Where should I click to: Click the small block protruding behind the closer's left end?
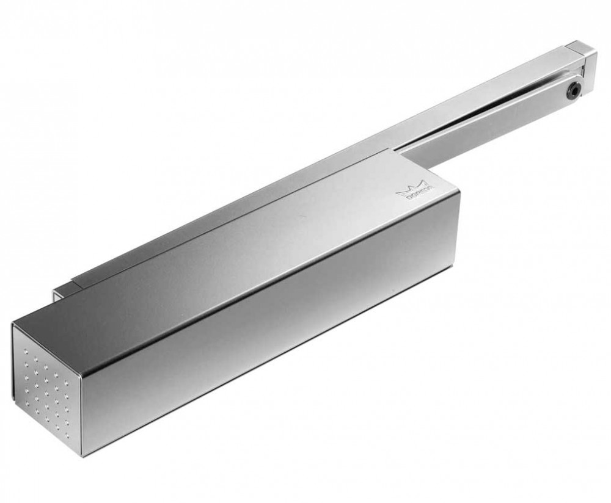coord(61,291)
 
